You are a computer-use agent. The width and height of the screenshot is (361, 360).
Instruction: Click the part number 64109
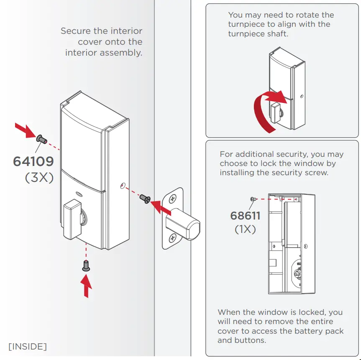33,161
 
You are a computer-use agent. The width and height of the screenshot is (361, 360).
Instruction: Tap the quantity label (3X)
39,177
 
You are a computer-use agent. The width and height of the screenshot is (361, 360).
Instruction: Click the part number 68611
245,216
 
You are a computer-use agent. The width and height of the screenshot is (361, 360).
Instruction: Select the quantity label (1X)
245,229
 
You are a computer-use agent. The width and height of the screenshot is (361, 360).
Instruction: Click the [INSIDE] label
28,346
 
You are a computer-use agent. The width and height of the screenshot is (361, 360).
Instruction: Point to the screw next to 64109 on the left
41,139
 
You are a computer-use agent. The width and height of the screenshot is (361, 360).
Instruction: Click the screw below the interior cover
86,266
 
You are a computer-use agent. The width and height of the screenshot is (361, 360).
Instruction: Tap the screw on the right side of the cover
145,199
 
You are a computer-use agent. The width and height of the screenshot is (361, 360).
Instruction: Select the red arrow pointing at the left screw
24,130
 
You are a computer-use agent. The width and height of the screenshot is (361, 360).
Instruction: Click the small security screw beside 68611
253,199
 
